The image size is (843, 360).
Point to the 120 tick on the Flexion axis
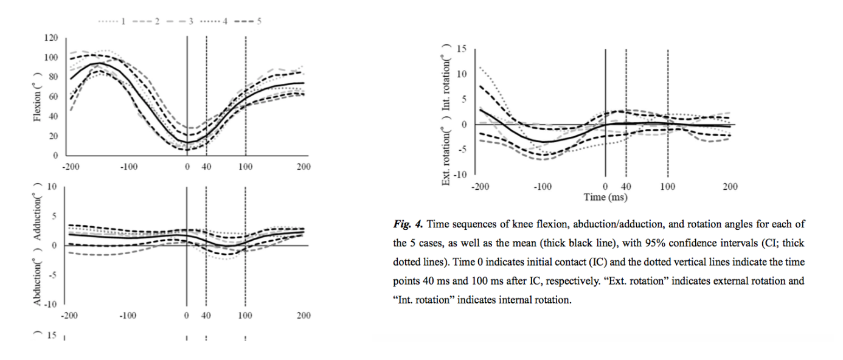pyautogui.click(x=52, y=38)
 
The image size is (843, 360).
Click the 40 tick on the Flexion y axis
pyautogui.click(x=54, y=116)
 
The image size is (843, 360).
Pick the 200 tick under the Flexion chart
pyautogui.click(x=303, y=167)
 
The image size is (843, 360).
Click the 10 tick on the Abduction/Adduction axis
pyautogui.click(x=54, y=187)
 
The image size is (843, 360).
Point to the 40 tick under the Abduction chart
pyautogui.click(x=206, y=316)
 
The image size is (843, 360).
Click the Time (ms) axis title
pyautogui.click(x=605, y=197)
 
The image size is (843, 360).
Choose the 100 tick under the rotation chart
pyautogui.click(x=668, y=187)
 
